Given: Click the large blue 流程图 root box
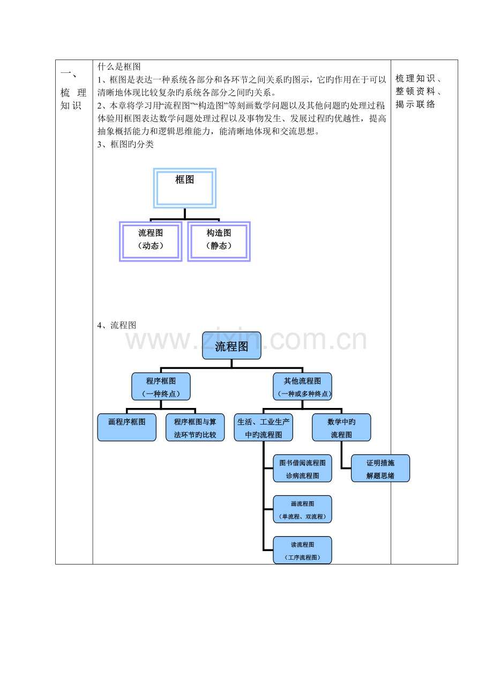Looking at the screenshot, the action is pos(231,345).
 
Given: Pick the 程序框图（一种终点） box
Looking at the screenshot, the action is pos(161,387).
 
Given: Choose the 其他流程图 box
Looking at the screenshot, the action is pos(302,387).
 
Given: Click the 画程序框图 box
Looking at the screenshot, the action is pos(127,427).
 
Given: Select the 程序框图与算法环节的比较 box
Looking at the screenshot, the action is pos(195,427).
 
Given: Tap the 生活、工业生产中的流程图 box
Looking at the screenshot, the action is pos(264,427).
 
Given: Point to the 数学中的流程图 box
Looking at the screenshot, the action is pos(341,427).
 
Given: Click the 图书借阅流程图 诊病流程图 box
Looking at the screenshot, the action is pos(302,468).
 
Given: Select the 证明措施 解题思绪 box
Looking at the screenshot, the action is pos(380,468).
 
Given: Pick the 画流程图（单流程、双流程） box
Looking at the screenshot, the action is pos(302,509).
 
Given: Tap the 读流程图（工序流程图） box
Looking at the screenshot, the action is pos(302,550).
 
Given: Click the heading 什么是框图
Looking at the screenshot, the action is pos(119,66).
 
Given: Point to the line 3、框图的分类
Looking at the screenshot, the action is pos(125,144).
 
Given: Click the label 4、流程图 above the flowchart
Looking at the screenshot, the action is pos(117,325).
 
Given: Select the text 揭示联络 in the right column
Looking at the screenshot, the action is pos(415,104).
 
